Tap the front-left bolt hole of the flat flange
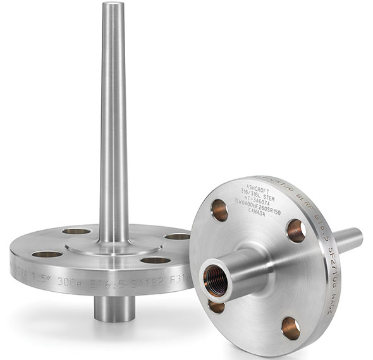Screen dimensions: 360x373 click(x=46, y=255)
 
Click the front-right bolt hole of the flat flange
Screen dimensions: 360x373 click(x=155, y=260)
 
